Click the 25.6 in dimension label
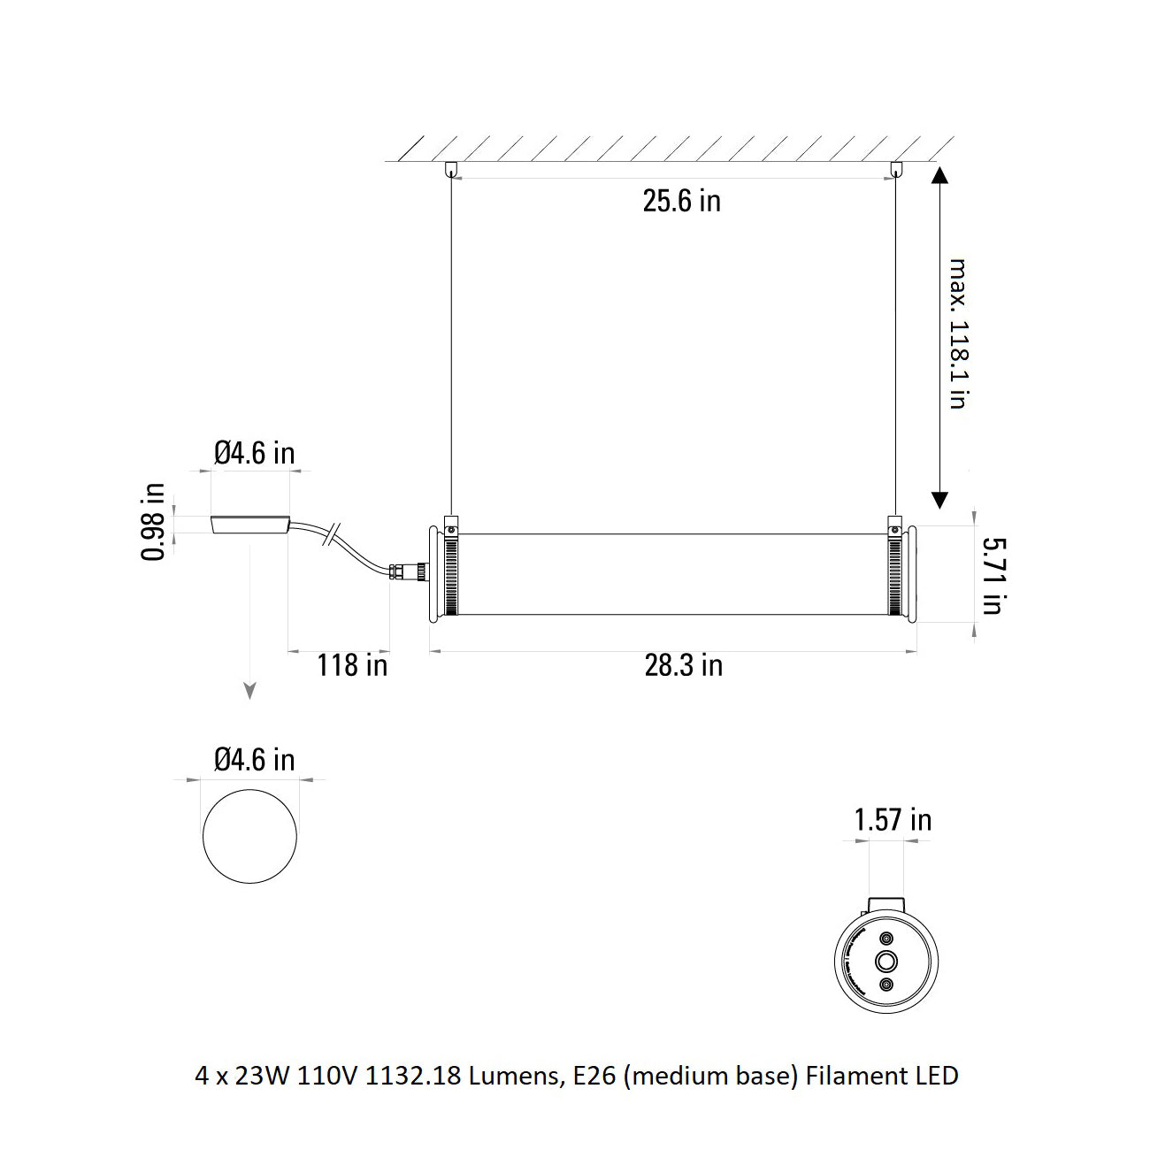click(681, 202)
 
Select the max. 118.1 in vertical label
click(957, 333)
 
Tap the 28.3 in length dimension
click(683, 665)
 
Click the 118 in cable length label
click(352, 664)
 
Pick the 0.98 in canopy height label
click(153, 522)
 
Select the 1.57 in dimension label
click(892, 820)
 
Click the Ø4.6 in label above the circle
click(254, 760)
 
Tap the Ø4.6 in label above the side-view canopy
click(254, 454)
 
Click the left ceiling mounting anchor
click(451, 168)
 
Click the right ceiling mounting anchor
click(897, 168)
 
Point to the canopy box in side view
click(250, 525)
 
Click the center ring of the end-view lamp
click(885, 962)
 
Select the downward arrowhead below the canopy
click(250, 691)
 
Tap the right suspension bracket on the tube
click(896, 526)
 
